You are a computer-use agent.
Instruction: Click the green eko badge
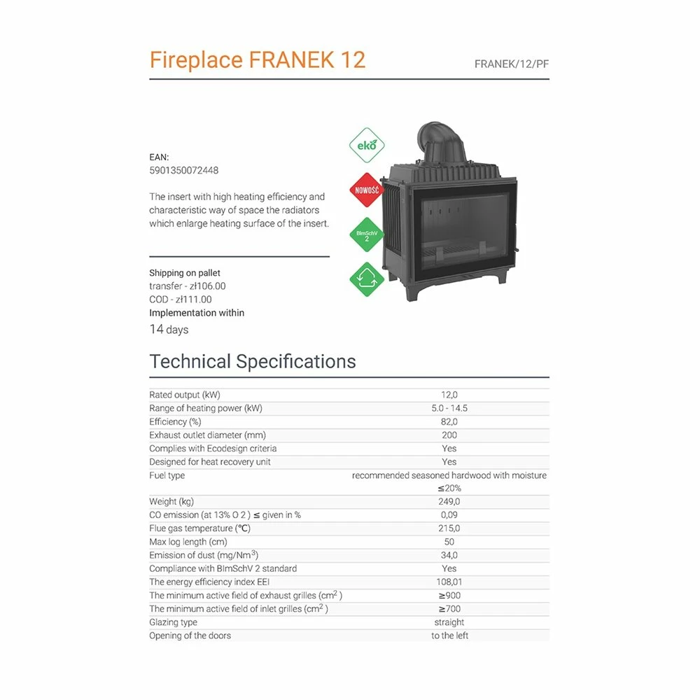(367, 145)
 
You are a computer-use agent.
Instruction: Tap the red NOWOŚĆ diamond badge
(367, 190)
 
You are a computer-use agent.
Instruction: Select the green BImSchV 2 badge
(367, 234)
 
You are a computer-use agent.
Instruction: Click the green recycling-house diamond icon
(367, 279)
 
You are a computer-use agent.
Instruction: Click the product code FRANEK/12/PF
(512, 64)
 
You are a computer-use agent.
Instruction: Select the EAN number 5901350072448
(184, 171)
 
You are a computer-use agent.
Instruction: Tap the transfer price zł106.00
(208, 286)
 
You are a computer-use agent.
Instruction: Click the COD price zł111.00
(193, 300)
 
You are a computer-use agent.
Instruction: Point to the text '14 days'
(169, 330)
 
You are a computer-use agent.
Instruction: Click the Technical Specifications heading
(253, 361)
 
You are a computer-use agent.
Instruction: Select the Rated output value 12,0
(449, 395)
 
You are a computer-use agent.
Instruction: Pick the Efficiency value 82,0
(449, 422)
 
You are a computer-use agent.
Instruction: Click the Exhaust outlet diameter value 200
(449, 435)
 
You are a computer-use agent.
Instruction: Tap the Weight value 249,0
(449, 502)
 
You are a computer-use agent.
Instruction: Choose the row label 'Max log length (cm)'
(188, 542)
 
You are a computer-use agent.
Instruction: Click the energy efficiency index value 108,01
(449, 582)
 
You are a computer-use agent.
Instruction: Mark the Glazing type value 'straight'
(449, 622)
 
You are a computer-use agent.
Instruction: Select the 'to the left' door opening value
(449, 636)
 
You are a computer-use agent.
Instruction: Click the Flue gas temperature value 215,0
(449, 528)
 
